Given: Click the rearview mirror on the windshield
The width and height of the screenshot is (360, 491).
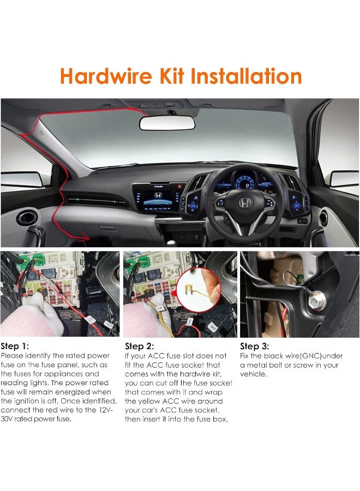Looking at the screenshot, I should click(167, 123).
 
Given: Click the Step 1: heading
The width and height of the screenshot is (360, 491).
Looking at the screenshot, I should click(15, 346).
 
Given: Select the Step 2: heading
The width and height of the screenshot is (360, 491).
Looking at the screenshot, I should click(140, 346).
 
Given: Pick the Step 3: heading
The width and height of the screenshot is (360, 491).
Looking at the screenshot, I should click(255, 346).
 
